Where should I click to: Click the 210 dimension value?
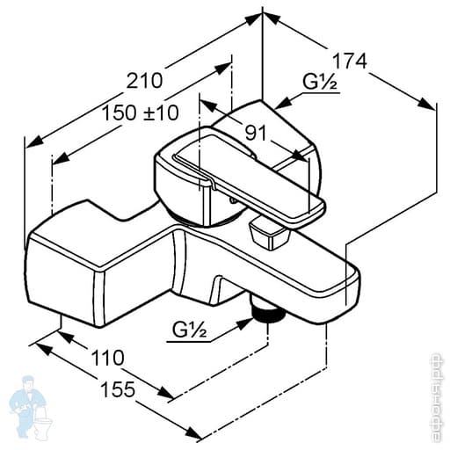point(144,80)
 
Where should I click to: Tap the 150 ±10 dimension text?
point(139,113)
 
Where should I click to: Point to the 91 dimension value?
point(256,133)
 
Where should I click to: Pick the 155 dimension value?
point(118,390)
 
